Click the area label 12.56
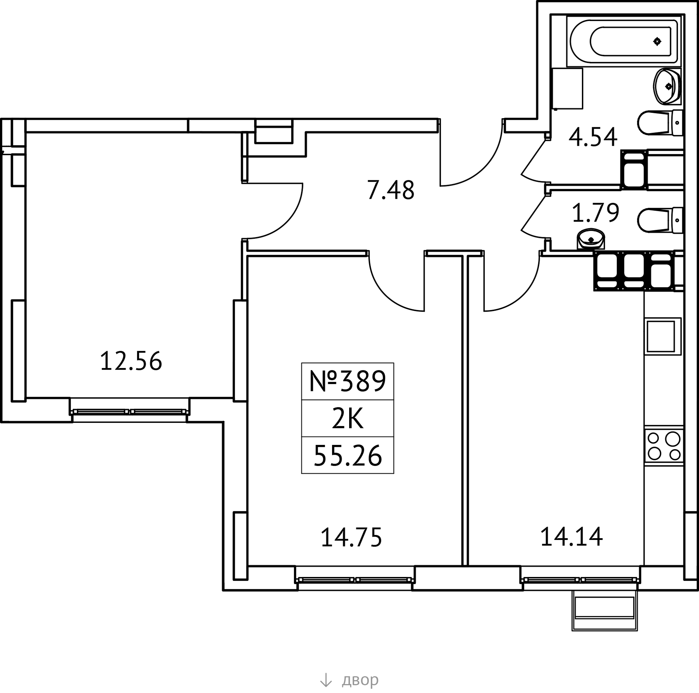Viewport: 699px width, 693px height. [x=131, y=361]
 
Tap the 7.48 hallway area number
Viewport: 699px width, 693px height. [x=390, y=190]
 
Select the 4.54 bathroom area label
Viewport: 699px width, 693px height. [x=593, y=137]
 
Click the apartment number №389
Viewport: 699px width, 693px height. [x=348, y=381]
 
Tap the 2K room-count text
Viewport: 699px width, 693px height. [x=347, y=419]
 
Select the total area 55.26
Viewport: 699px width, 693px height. [x=348, y=456]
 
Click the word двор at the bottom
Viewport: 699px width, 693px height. [x=360, y=680]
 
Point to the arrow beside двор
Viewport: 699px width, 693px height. [x=326, y=680]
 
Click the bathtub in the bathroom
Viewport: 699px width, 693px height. [x=624, y=41]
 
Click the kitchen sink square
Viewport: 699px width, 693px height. [x=664, y=336]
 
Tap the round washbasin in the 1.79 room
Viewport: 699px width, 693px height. [x=591, y=239]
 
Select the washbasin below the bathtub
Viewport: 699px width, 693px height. [x=667, y=86]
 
